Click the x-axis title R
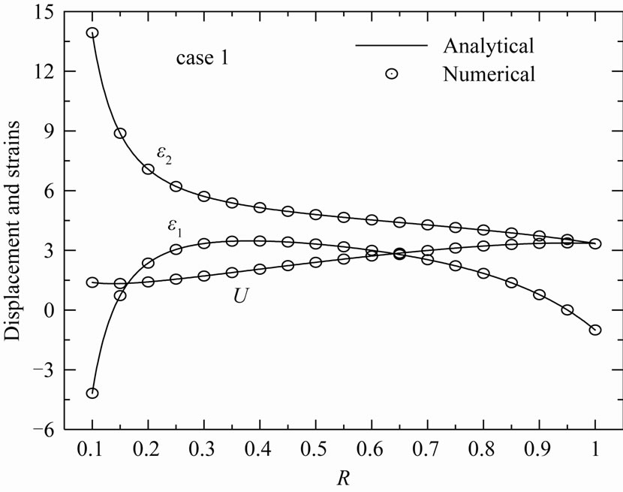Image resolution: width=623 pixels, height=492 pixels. (x=343, y=475)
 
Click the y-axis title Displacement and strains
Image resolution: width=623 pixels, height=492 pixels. (x=16, y=220)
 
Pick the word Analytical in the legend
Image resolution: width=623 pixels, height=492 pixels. (x=488, y=45)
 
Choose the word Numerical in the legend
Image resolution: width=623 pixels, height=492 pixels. (x=489, y=74)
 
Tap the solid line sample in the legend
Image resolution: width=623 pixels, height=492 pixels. (x=391, y=46)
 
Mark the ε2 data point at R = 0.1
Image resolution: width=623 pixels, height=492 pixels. (x=92, y=33)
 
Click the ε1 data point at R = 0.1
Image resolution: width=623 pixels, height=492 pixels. (x=92, y=393)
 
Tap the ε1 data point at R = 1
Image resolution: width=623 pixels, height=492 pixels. (x=595, y=330)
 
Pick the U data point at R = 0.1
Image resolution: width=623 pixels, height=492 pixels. (x=92, y=282)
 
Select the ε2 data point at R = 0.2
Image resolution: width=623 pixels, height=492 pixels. (x=149, y=169)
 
